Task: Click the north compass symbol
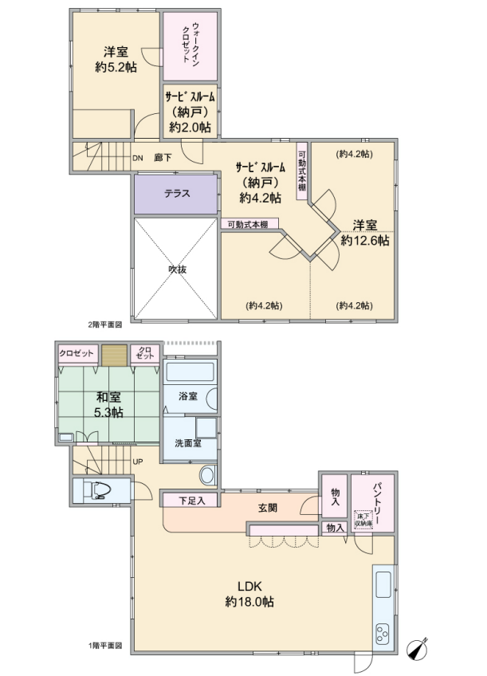(x=418, y=648)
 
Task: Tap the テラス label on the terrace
(x=177, y=193)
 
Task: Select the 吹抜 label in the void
(x=177, y=269)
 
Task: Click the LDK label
(x=249, y=586)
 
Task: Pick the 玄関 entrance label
(x=268, y=508)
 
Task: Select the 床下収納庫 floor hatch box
(x=363, y=520)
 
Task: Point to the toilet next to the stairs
(x=97, y=490)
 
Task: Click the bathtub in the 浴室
(x=190, y=371)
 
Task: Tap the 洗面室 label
(x=188, y=442)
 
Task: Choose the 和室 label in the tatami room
(x=108, y=397)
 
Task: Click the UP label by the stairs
(x=137, y=462)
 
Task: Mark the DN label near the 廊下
(x=137, y=158)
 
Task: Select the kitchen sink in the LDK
(x=383, y=584)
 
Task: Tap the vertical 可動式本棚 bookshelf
(x=302, y=171)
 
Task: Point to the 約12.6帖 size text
(x=364, y=240)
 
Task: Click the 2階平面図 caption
(x=104, y=324)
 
